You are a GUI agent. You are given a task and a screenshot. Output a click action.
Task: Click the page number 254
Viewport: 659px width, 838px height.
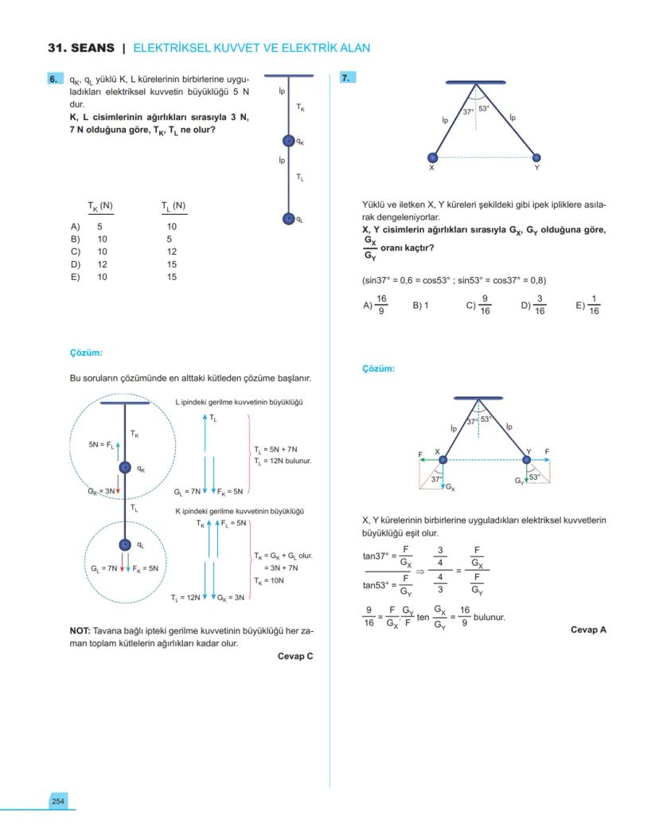(x=58, y=801)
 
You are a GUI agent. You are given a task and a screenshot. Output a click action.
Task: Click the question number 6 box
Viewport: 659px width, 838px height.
(x=54, y=79)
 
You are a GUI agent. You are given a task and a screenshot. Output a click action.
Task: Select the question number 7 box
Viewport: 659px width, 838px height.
(x=347, y=78)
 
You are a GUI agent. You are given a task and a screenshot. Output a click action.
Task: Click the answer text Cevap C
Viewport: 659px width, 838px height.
(x=295, y=657)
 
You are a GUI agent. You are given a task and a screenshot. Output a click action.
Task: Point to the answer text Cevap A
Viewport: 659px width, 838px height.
(x=588, y=629)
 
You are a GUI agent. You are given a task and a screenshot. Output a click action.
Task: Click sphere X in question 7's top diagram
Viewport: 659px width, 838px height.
(x=432, y=158)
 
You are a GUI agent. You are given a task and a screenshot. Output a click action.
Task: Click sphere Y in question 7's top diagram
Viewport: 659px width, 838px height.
(x=536, y=158)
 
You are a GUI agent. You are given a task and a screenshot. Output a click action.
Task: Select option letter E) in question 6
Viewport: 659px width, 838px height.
(x=76, y=277)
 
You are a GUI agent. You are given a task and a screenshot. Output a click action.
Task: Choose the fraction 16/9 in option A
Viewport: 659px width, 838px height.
(x=381, y=305)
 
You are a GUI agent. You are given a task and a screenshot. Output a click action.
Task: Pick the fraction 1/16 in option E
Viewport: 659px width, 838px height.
(x=593, y=305)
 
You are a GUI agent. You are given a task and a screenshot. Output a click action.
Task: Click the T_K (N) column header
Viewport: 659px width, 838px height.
(x=100, y=207)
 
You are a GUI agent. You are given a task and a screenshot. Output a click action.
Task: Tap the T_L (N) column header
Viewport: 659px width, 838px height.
(x=173, y=207)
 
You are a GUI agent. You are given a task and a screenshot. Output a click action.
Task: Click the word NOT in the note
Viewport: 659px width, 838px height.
(x=80, y=630)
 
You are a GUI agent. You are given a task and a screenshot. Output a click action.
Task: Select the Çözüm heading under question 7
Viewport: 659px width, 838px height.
(x=378, y=368)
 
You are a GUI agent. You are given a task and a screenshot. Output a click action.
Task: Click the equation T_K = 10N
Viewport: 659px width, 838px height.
(x=269, y=581)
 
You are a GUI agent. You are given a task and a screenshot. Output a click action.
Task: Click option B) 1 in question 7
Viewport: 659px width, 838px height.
(x=420, y=305)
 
